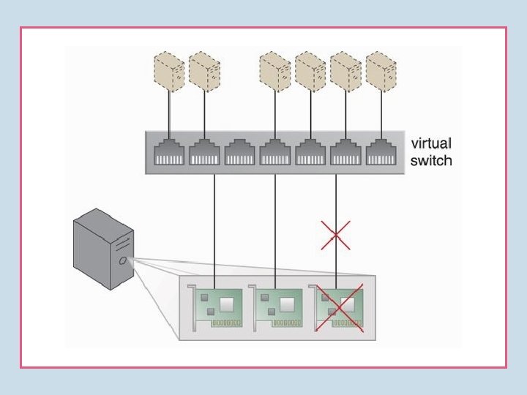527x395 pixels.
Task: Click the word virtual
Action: tap(431, 143)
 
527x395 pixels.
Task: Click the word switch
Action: tap(430, 160)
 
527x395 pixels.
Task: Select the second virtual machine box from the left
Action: tap(204, 71)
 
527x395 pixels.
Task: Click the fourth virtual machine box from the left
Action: tap(310, 71)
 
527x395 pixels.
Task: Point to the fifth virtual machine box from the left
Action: tap(345, 71)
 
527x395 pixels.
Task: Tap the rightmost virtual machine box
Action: tap(381, 71)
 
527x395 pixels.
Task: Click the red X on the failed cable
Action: tap(336, 235)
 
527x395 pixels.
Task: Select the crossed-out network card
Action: tap(340, 309)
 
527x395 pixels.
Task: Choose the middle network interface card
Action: tap(278, 307)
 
